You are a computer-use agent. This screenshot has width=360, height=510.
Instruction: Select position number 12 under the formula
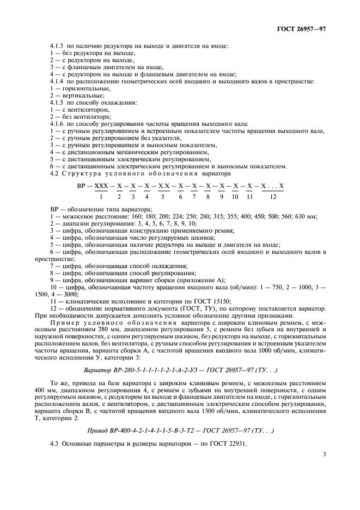click(273, 196)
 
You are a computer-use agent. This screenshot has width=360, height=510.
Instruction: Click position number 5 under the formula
click(163, 196)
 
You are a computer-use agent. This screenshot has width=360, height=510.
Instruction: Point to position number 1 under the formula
click(101, 196)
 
